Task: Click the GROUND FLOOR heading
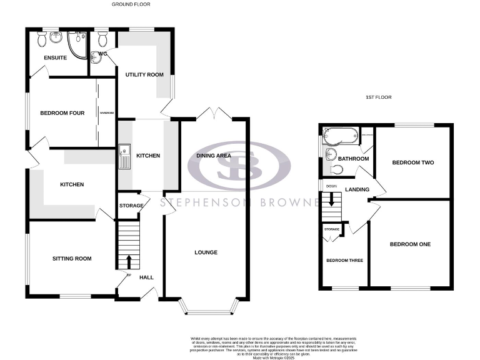(131, 4)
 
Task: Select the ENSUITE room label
(55, 58)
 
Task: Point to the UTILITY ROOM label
(144, 75)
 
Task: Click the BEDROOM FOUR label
(62, 113)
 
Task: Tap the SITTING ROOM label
(72, 258)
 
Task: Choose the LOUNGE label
(206, 252)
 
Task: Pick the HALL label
(146, 277)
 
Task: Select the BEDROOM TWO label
(412, 162)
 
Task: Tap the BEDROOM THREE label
(343, 260)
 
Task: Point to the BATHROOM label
(353, 159)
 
